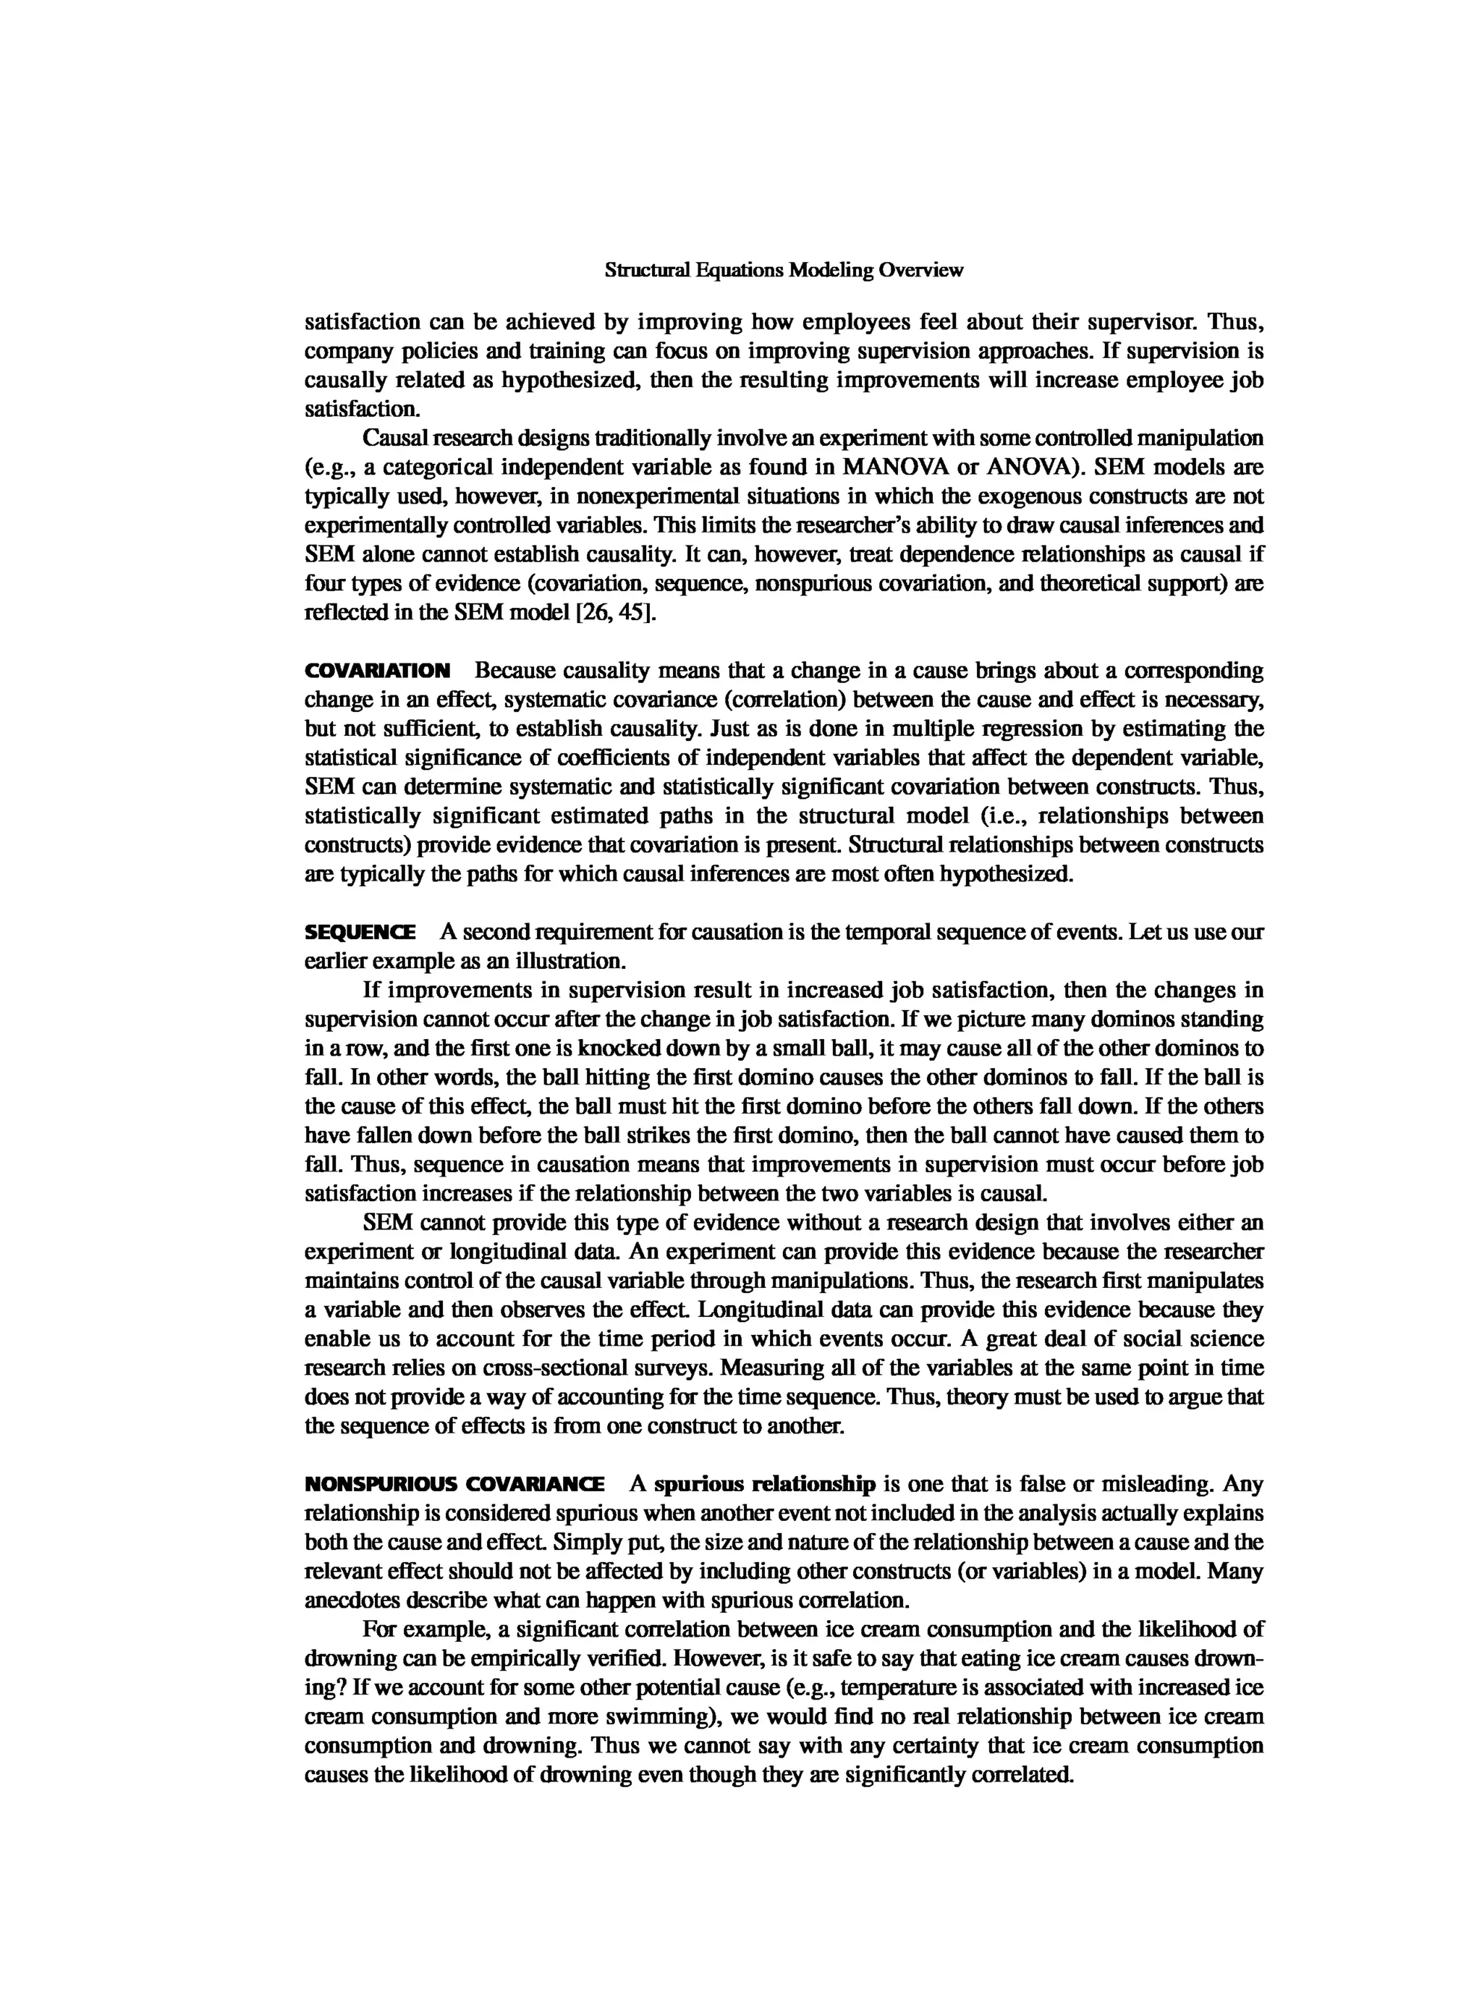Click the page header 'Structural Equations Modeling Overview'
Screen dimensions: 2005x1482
click(x=784, y=270)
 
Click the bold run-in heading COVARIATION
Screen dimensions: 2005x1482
click(x=378, y=671)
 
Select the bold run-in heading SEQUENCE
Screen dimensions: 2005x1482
click(x=360, y=932)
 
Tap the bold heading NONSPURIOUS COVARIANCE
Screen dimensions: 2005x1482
click(x=454, y=1484)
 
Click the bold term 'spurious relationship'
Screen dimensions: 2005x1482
click(x=764, y=1484)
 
